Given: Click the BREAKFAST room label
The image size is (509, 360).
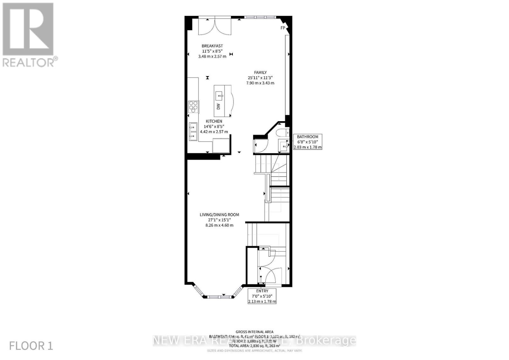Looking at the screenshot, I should point(212,46).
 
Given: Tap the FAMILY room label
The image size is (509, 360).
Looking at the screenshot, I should point(260,73).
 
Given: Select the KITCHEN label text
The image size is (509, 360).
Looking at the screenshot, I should point(214,121).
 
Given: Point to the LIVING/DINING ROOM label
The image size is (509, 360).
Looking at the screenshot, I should point(219,215).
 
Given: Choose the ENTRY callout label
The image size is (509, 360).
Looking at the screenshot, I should point(262,291).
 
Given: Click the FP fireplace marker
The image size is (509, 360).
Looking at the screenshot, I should point(282,28).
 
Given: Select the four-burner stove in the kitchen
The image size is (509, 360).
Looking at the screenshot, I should point(193,107).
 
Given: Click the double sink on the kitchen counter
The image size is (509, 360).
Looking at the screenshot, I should point(193,132).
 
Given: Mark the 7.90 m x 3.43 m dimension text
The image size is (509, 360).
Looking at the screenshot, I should point(260,83).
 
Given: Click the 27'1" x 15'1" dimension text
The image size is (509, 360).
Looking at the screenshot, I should point(219,220).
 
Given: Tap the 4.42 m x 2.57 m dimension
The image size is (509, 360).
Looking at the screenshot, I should point(214,132).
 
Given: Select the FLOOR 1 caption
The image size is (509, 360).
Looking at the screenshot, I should point(31,346).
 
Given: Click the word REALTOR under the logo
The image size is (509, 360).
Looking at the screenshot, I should point(28,62).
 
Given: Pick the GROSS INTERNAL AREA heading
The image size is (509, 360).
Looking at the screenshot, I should point(254,332).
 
